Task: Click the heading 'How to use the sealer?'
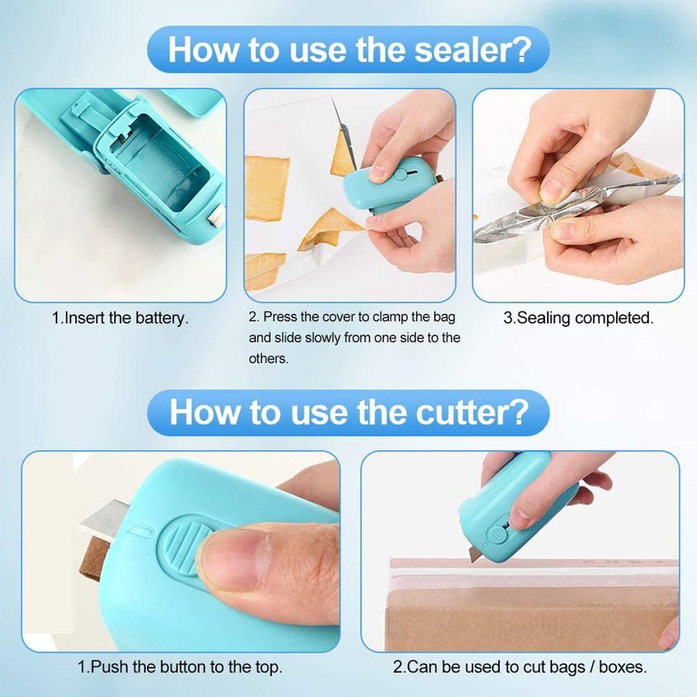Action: [x=348, y=50]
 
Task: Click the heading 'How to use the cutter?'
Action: [x=348, y=412]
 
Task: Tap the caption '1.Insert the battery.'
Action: [x=120, y=319]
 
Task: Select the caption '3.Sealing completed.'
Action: [x=578, y=318]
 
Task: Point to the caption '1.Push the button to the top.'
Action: [x=179, y=667]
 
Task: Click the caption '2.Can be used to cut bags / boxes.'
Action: [x=520, y=667]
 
